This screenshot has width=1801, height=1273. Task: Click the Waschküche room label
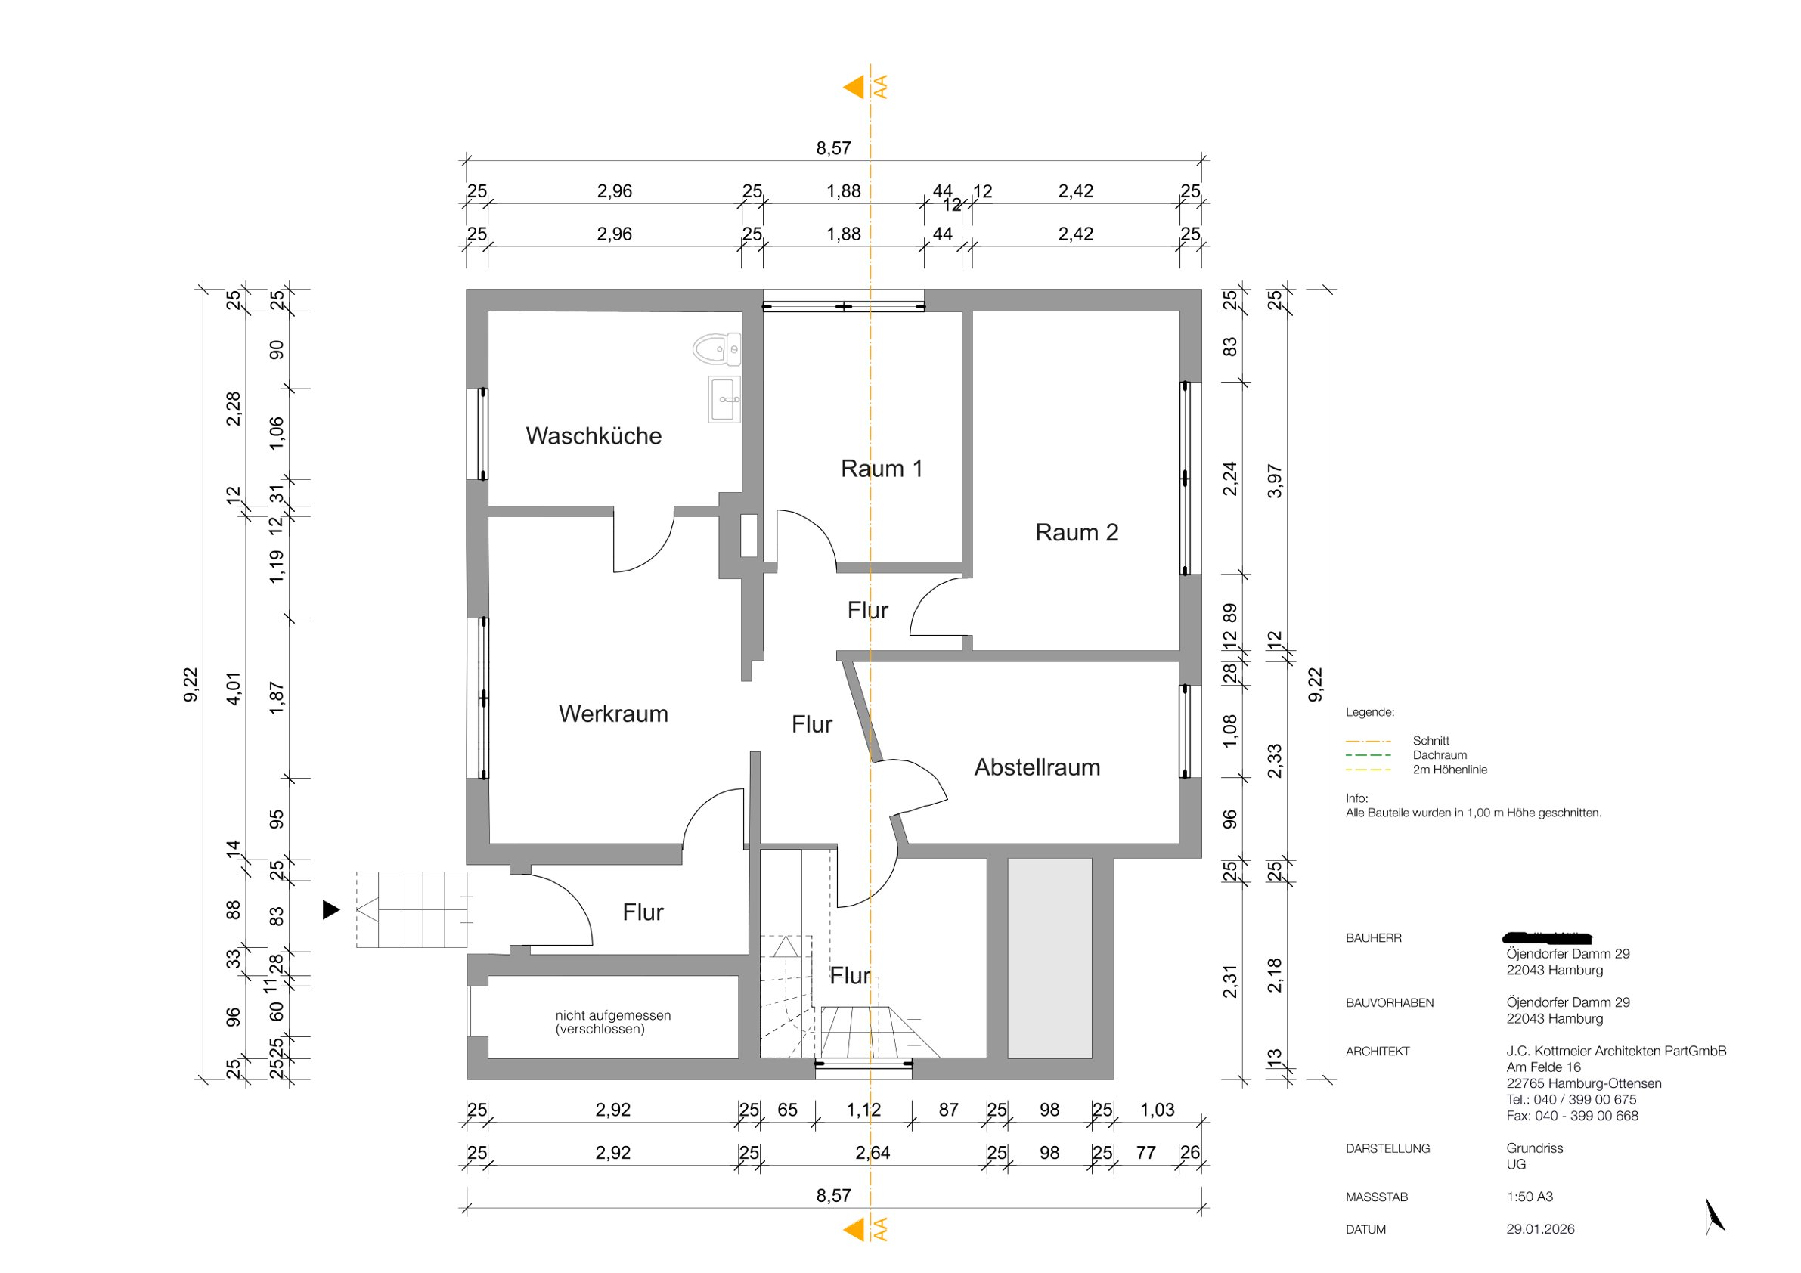coord(593,436)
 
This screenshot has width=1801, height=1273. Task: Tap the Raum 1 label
coord(881,469)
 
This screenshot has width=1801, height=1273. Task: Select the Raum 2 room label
coord(1076,533)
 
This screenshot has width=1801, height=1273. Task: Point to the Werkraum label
coord(612,714)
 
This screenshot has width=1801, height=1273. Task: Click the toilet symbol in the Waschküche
coord(715,349)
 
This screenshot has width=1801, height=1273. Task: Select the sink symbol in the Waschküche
coord(724,399)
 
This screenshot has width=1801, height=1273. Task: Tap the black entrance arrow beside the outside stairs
coord(331,910)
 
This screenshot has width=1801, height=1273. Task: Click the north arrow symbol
coord(1715,1216)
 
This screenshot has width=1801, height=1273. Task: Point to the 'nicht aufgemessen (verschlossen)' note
coord(612,1022)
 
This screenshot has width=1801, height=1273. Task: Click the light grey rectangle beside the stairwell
coord(1049,958)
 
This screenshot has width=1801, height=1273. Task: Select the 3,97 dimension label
coord(1275,481)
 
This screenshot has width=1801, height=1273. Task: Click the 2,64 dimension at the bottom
coord(873,1153)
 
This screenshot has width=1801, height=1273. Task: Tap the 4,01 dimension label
coord(234,689)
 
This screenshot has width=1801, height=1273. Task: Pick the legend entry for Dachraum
coord(1440,755)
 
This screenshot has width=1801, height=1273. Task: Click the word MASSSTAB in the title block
coord(1377,1197)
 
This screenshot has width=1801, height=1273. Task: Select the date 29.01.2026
coord(1540,1229)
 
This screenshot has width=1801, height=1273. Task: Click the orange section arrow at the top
coord(854,87)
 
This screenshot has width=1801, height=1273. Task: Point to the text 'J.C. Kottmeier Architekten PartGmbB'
coord(1616,1051)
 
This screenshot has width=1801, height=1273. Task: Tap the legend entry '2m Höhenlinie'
coord(1449,770)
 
